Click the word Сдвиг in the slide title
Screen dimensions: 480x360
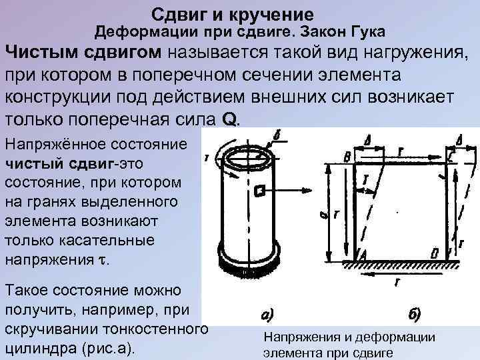(x=176, y=14)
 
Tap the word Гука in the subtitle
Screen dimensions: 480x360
(x=365, y=31)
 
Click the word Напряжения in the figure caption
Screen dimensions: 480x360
(x=295, y=338)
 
